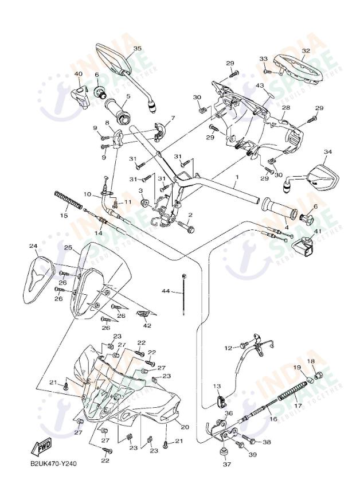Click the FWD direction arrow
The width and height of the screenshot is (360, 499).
coord(41,447)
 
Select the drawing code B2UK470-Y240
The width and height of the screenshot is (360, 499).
coord(53,464)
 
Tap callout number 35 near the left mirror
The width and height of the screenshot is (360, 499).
coord(137,49)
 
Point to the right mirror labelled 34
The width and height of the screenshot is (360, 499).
coord(322,177)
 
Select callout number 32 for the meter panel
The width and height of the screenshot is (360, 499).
coord(306,50)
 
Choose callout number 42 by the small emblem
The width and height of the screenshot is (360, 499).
coord(147,325)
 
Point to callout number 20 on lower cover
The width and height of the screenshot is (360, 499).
coord(185,427)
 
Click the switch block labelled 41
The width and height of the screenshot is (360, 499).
coord(307,248)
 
